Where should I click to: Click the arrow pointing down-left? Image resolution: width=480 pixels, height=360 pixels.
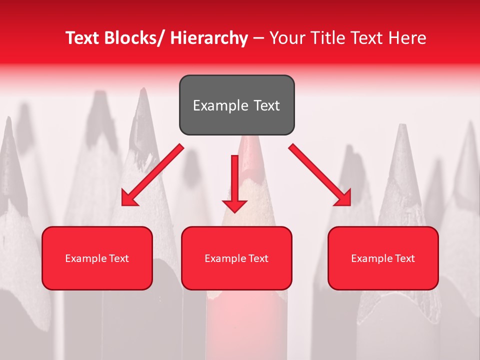click(x=152, y=175)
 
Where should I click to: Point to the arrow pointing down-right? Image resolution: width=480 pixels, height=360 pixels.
click(x=320, y=175)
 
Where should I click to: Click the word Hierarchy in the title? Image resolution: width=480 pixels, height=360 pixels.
click(x=209, y=38)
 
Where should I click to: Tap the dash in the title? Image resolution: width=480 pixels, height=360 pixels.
click(x=258, y=38)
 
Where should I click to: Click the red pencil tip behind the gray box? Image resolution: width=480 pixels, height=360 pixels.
click(x=247, y=150)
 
